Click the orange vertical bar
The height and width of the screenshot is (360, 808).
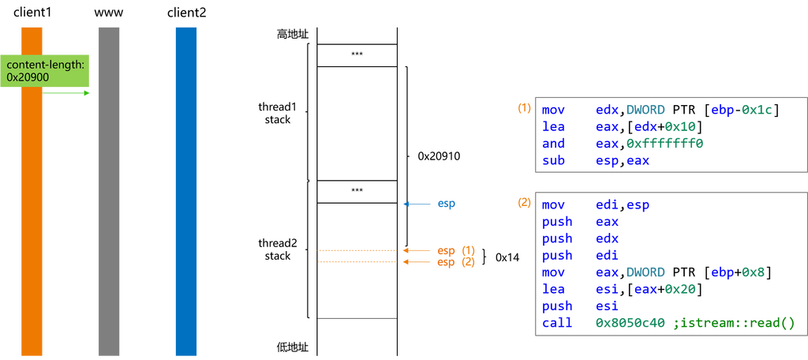(32, 221)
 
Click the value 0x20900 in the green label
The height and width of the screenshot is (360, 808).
(28, 77)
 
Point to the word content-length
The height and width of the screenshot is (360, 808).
(45, 64)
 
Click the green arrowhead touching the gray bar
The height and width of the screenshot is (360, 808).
(87, 93)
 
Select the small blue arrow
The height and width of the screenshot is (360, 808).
(417, 204)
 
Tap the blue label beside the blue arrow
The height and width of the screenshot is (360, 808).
(447, 204)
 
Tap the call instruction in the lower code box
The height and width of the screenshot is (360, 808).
(554, 323)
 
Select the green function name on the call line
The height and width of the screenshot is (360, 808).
(734, 323)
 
